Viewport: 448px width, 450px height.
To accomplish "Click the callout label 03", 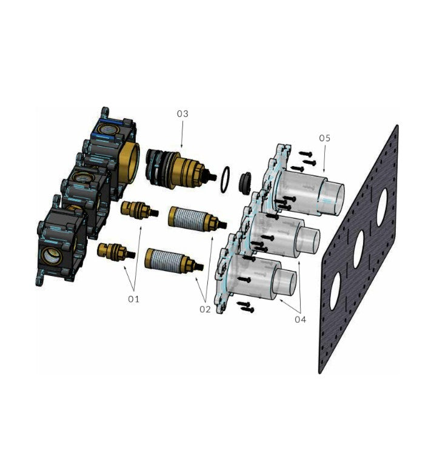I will point(182,114).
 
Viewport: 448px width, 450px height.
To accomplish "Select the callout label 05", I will point(324,138).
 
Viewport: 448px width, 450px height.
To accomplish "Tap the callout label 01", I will point(133,299).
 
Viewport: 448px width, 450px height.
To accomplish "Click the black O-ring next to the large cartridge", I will point(226,178).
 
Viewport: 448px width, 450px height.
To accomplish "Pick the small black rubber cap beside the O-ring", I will point(247,182).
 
